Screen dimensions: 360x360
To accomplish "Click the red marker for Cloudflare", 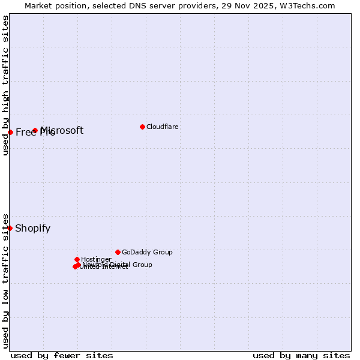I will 142,127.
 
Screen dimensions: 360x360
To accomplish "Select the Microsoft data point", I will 35,130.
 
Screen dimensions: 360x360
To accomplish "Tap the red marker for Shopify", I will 10,228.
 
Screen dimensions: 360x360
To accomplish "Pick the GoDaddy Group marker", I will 118,252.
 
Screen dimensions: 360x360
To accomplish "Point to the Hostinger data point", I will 77,259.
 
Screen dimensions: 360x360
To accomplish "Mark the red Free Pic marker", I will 10,132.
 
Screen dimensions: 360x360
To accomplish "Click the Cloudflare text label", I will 163,127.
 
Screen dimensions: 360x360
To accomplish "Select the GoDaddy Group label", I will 147,252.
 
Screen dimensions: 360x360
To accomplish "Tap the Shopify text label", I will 33,228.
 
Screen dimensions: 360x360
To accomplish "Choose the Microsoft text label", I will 62,130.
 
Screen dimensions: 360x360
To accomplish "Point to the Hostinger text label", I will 96,259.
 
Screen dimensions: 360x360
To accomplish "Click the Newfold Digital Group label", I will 118,265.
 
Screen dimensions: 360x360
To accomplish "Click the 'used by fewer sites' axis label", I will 62,355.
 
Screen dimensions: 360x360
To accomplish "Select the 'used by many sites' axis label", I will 301,355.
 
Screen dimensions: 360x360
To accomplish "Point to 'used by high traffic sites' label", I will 5,85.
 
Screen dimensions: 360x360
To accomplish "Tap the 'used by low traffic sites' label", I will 5,280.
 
